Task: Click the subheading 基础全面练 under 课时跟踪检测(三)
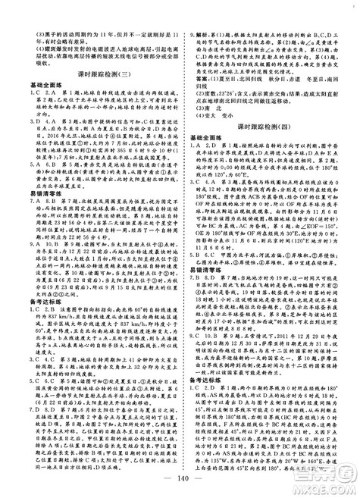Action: [30, 83]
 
